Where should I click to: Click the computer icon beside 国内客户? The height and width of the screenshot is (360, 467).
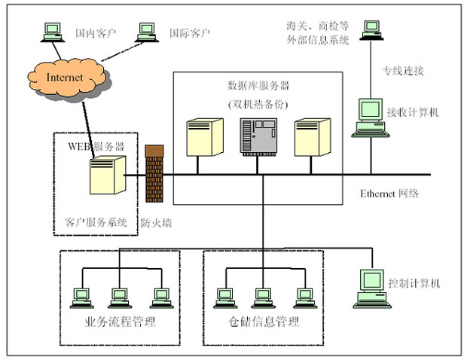(x=52, y=32)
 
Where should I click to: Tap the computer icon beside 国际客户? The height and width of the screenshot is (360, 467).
(x=147, y=32)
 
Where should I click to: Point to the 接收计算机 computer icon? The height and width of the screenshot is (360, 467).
(x=371, y=117)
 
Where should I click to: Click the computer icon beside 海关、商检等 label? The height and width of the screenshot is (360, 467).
(x=371, y=29)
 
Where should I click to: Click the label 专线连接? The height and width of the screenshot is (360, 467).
(x=404, y=72)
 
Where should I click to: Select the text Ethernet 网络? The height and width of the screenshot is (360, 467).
(x=389, y=194)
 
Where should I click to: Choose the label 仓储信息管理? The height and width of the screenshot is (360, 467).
(x=264, y=323)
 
